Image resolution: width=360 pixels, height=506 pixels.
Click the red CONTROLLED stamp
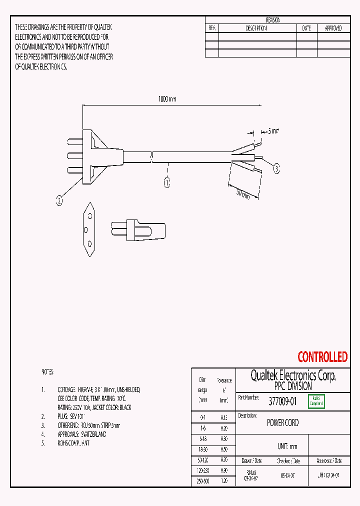point(322,357)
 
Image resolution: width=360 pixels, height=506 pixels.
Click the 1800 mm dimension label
point(167,99)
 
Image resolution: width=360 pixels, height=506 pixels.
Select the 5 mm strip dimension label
point(272,131)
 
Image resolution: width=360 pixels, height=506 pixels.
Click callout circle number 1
point(167,182)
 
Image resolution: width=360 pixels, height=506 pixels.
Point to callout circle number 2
point(59,201)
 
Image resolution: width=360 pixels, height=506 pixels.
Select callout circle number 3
point(276,169)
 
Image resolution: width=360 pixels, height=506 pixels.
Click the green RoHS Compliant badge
point(316,401)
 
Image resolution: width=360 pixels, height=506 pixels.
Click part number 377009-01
point(282,401)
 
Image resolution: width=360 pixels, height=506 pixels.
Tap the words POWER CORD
point(282,423)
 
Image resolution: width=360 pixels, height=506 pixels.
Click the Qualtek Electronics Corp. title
point(293,376)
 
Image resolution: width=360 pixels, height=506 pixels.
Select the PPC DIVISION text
point(293,386)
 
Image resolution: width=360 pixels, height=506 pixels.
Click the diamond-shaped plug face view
point(88,229)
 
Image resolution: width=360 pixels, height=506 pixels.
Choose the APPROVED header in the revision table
point(333,28)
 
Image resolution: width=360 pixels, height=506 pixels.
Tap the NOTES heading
point(47,372)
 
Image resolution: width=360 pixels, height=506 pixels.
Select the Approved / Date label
point(329,460)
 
